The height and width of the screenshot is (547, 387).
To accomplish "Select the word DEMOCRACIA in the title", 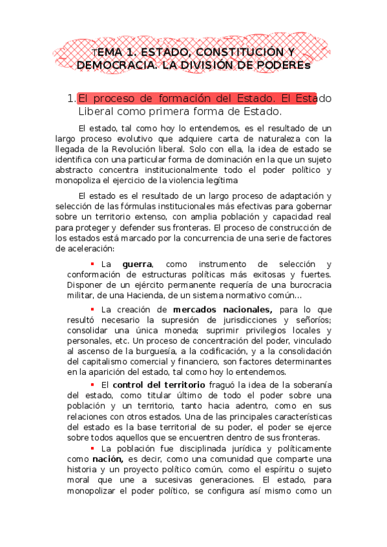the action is pos(110,65).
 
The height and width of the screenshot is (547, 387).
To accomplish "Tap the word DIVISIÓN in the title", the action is pos(205,65).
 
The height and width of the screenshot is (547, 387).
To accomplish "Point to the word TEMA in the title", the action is pos(105,52).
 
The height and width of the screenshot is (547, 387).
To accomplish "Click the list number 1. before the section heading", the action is pos(71,99).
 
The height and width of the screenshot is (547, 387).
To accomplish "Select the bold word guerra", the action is pos(137,264).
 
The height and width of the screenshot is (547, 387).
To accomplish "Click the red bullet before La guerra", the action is pos(92,263).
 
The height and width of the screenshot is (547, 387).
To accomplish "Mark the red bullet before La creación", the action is pos(92,308).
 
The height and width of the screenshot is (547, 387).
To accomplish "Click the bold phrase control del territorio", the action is pos(159,385).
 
